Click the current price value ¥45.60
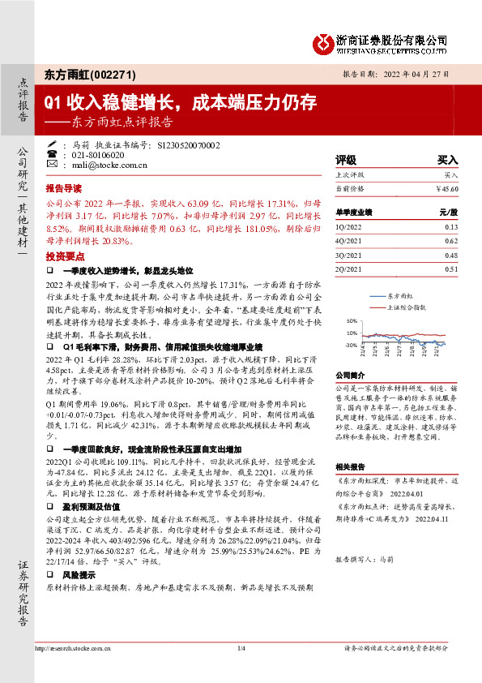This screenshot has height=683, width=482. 446,187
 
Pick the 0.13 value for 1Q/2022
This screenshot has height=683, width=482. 450,228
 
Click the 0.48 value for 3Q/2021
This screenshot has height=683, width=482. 450,256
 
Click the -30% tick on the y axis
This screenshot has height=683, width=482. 350,346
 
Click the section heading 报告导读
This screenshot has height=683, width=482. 66,185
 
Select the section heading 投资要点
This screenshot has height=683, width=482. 66,254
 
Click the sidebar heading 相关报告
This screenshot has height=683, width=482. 352,466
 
